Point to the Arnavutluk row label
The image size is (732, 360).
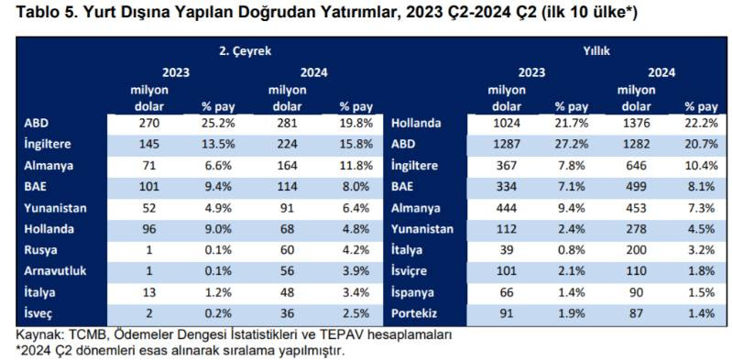pos(54,272)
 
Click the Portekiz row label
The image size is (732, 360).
pos(417,314)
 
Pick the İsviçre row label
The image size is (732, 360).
pos(413,272)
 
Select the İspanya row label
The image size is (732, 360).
pos(415,293)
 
